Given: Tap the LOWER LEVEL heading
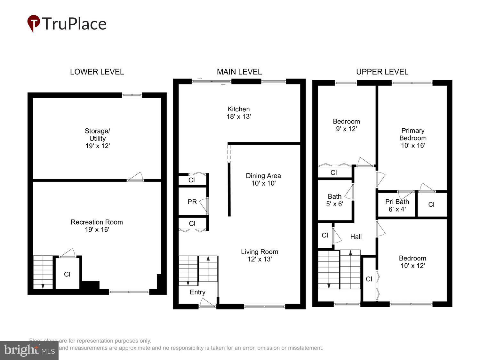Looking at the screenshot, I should [x=97, y=72].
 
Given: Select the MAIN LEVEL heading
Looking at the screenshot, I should [x=239, y=72].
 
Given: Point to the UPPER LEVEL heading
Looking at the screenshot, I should [x=382, y=72].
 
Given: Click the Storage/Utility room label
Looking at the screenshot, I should [x=97, y=138].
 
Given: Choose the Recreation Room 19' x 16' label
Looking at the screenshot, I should [x=97, y=226].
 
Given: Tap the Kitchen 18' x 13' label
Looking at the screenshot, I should [x=238, y=113].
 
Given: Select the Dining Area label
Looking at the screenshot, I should [x=263, y=179].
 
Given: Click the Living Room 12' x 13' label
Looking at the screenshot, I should [x=260, y=255].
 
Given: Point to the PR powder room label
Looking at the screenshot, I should [x=192, y=202].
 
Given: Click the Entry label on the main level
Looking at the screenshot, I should [x=197, y=292].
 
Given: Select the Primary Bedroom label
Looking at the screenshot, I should [x=413, y=138].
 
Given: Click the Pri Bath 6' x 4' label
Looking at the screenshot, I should [x=397, y=205].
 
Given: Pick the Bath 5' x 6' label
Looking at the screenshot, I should [x=334, y=200].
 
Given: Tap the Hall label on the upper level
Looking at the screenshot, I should [x=356, y=236].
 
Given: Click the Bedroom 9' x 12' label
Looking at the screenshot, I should [x=346, y=125].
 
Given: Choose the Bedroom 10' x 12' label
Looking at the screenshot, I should [x=412, y=262].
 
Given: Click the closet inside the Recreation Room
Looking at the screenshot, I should [x=67, y=274].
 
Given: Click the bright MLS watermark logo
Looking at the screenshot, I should [x=29, y=350].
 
